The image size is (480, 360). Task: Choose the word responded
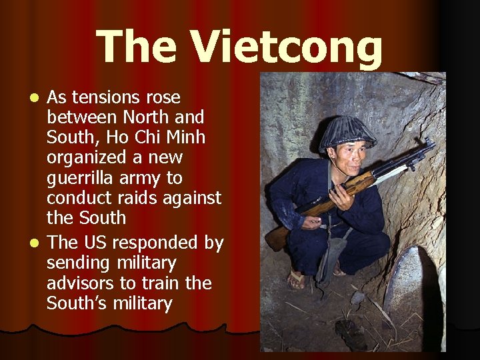click(159, 243)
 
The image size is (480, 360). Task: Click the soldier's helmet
click(346, 132)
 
